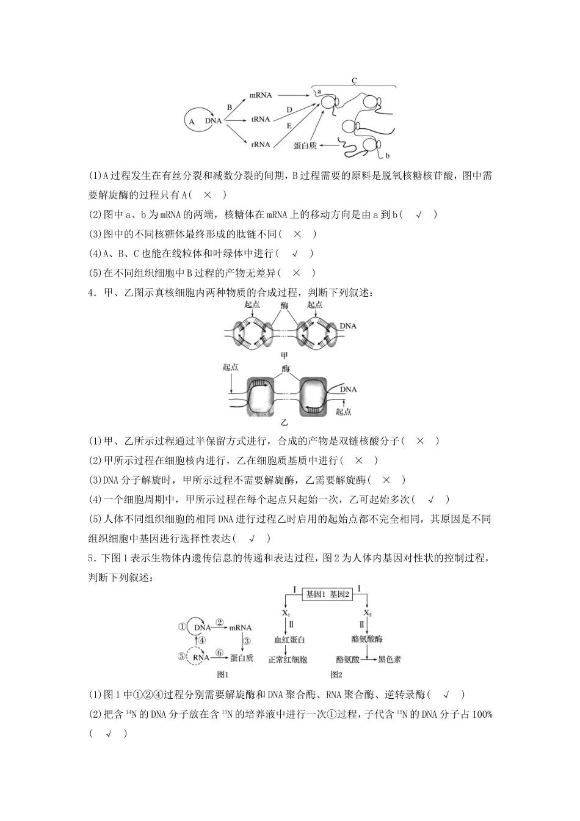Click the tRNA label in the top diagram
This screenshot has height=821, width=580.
click(261, 120)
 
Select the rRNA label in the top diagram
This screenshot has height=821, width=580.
click(261, 144)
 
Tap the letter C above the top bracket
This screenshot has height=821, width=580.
click(354, 81)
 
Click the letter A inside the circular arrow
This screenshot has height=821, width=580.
click(192, 121)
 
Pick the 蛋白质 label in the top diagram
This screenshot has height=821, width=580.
click(305, 145)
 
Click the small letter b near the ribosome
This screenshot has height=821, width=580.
click(387, 156)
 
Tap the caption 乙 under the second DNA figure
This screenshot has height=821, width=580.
click(283, 422)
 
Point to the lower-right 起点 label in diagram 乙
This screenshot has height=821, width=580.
click(344, 412)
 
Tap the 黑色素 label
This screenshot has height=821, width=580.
click(390, 659)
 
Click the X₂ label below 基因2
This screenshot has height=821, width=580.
click(368, 613)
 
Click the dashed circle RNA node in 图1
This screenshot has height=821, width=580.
click(198, 657)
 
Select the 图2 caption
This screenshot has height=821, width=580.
click(336, 674)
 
